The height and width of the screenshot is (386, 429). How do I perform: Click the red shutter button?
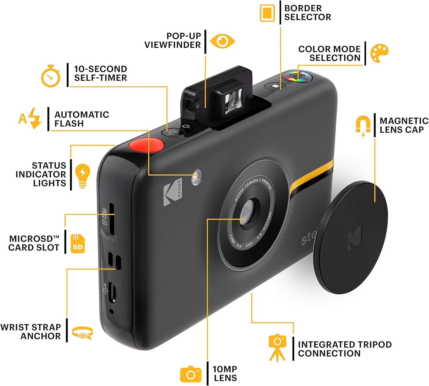[x=146, y=145]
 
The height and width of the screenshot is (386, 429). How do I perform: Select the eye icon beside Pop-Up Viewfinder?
[x=222, y=41]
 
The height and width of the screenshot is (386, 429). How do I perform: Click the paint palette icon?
[x=379, y=53]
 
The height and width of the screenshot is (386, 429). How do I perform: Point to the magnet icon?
[x=363, y=126]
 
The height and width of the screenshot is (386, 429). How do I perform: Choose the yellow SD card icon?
[x=78, y=243]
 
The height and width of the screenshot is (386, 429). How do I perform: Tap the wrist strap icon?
[x=82, y=333]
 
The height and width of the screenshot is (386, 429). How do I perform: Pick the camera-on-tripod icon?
[x=277, y=347]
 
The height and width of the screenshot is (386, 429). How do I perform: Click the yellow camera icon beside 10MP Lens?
[x=191, y=374]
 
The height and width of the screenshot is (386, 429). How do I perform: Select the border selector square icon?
[x=267, y=13]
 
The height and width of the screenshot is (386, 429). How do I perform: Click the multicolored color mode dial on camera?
[x=297, y=77]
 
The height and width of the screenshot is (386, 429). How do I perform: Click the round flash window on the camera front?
[x=197, y=177]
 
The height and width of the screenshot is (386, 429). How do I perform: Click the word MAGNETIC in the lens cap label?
[x=404, y=121]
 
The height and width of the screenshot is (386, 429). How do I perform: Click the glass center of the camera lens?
[x=247, y=213]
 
